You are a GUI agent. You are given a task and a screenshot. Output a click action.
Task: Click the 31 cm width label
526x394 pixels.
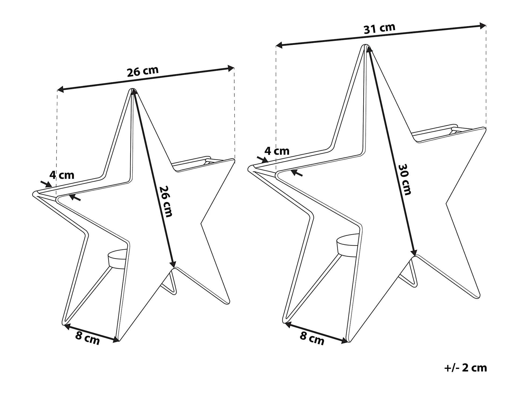[379, 28]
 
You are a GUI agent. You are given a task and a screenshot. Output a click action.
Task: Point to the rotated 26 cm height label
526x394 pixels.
[166, 201]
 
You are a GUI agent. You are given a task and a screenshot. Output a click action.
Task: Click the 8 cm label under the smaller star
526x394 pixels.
[87, 338]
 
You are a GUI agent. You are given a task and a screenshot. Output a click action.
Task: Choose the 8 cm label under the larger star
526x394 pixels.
[312, 338]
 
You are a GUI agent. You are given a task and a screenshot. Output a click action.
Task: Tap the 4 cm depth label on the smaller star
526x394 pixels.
[62, 175]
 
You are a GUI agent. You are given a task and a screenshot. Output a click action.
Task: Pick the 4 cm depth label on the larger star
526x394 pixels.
[277, 151]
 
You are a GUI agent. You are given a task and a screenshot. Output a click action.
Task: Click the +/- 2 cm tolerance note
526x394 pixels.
[466, 368]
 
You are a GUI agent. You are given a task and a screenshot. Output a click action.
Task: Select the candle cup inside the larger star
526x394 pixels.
[347, 246]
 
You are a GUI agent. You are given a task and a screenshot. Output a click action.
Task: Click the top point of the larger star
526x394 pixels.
[365, 45]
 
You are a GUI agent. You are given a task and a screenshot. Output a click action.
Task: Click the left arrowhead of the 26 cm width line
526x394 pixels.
[61, 89]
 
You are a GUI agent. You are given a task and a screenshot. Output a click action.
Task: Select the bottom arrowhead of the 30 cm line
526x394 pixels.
[414, 252]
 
